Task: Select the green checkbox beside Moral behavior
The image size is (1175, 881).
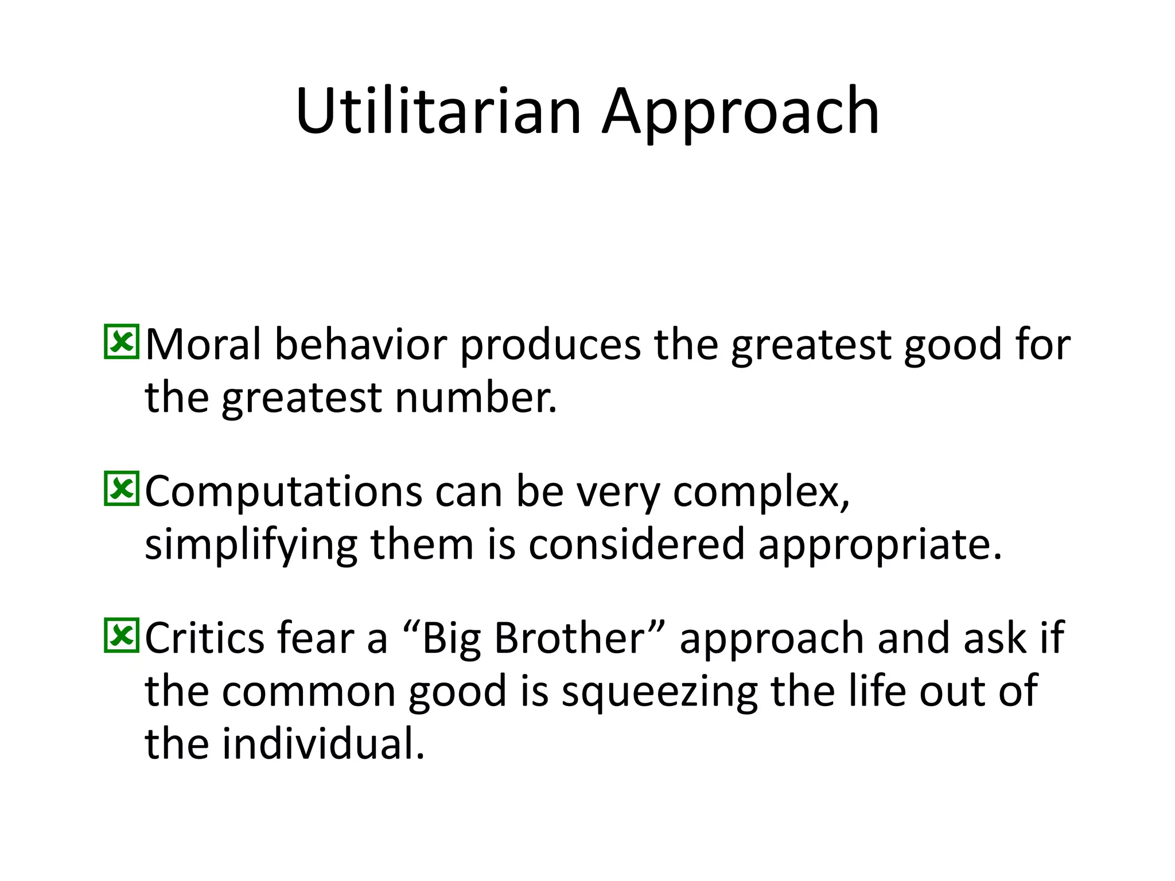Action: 121,342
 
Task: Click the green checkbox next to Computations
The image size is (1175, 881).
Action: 121,489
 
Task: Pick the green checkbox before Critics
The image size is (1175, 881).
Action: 121,636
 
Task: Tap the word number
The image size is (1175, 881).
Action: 476,397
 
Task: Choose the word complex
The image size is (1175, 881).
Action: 761,492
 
